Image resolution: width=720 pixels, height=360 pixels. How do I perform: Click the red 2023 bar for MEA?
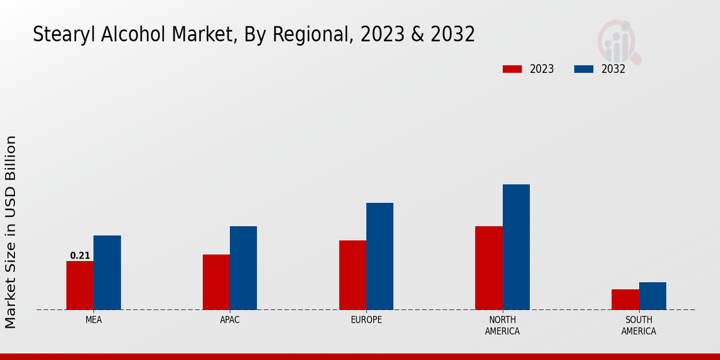(x=80, y=285)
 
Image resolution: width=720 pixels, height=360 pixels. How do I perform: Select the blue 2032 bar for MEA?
(x=107, y=272)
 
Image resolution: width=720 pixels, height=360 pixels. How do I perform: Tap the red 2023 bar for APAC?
(x=216, y=282)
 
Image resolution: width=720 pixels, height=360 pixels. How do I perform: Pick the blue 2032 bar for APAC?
(x=243, y=268)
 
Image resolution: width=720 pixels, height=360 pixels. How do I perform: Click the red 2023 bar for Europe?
(x=352, y=275)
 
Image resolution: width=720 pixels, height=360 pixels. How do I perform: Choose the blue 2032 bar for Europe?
(x=380, y=256)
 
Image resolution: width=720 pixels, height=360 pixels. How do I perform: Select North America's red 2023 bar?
(x=488, y=268)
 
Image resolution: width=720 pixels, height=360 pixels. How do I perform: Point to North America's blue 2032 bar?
(x=516, y=247)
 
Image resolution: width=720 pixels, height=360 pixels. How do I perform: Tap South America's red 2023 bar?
(x=625, y=299)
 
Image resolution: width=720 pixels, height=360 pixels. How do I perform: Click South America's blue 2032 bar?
(x=652, y=296)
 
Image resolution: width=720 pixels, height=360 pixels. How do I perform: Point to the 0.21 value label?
(x=80, y=256)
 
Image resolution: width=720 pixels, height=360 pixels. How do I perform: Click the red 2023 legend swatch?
(x=512, y=69)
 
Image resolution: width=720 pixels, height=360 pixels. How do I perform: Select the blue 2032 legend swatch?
(x=584, y=69)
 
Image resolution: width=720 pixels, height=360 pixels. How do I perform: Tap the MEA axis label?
(x=94, y=320)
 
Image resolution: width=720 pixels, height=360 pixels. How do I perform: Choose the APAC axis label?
(x=230, y=320)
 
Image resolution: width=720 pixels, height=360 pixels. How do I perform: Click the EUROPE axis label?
(x=366, y=320)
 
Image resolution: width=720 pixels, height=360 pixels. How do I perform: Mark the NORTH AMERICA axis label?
(x=502, y=325)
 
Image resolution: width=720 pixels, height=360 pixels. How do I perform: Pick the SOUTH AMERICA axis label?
(x=638, y=325)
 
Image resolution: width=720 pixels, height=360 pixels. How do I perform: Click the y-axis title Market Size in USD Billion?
(x=11, y=232)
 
